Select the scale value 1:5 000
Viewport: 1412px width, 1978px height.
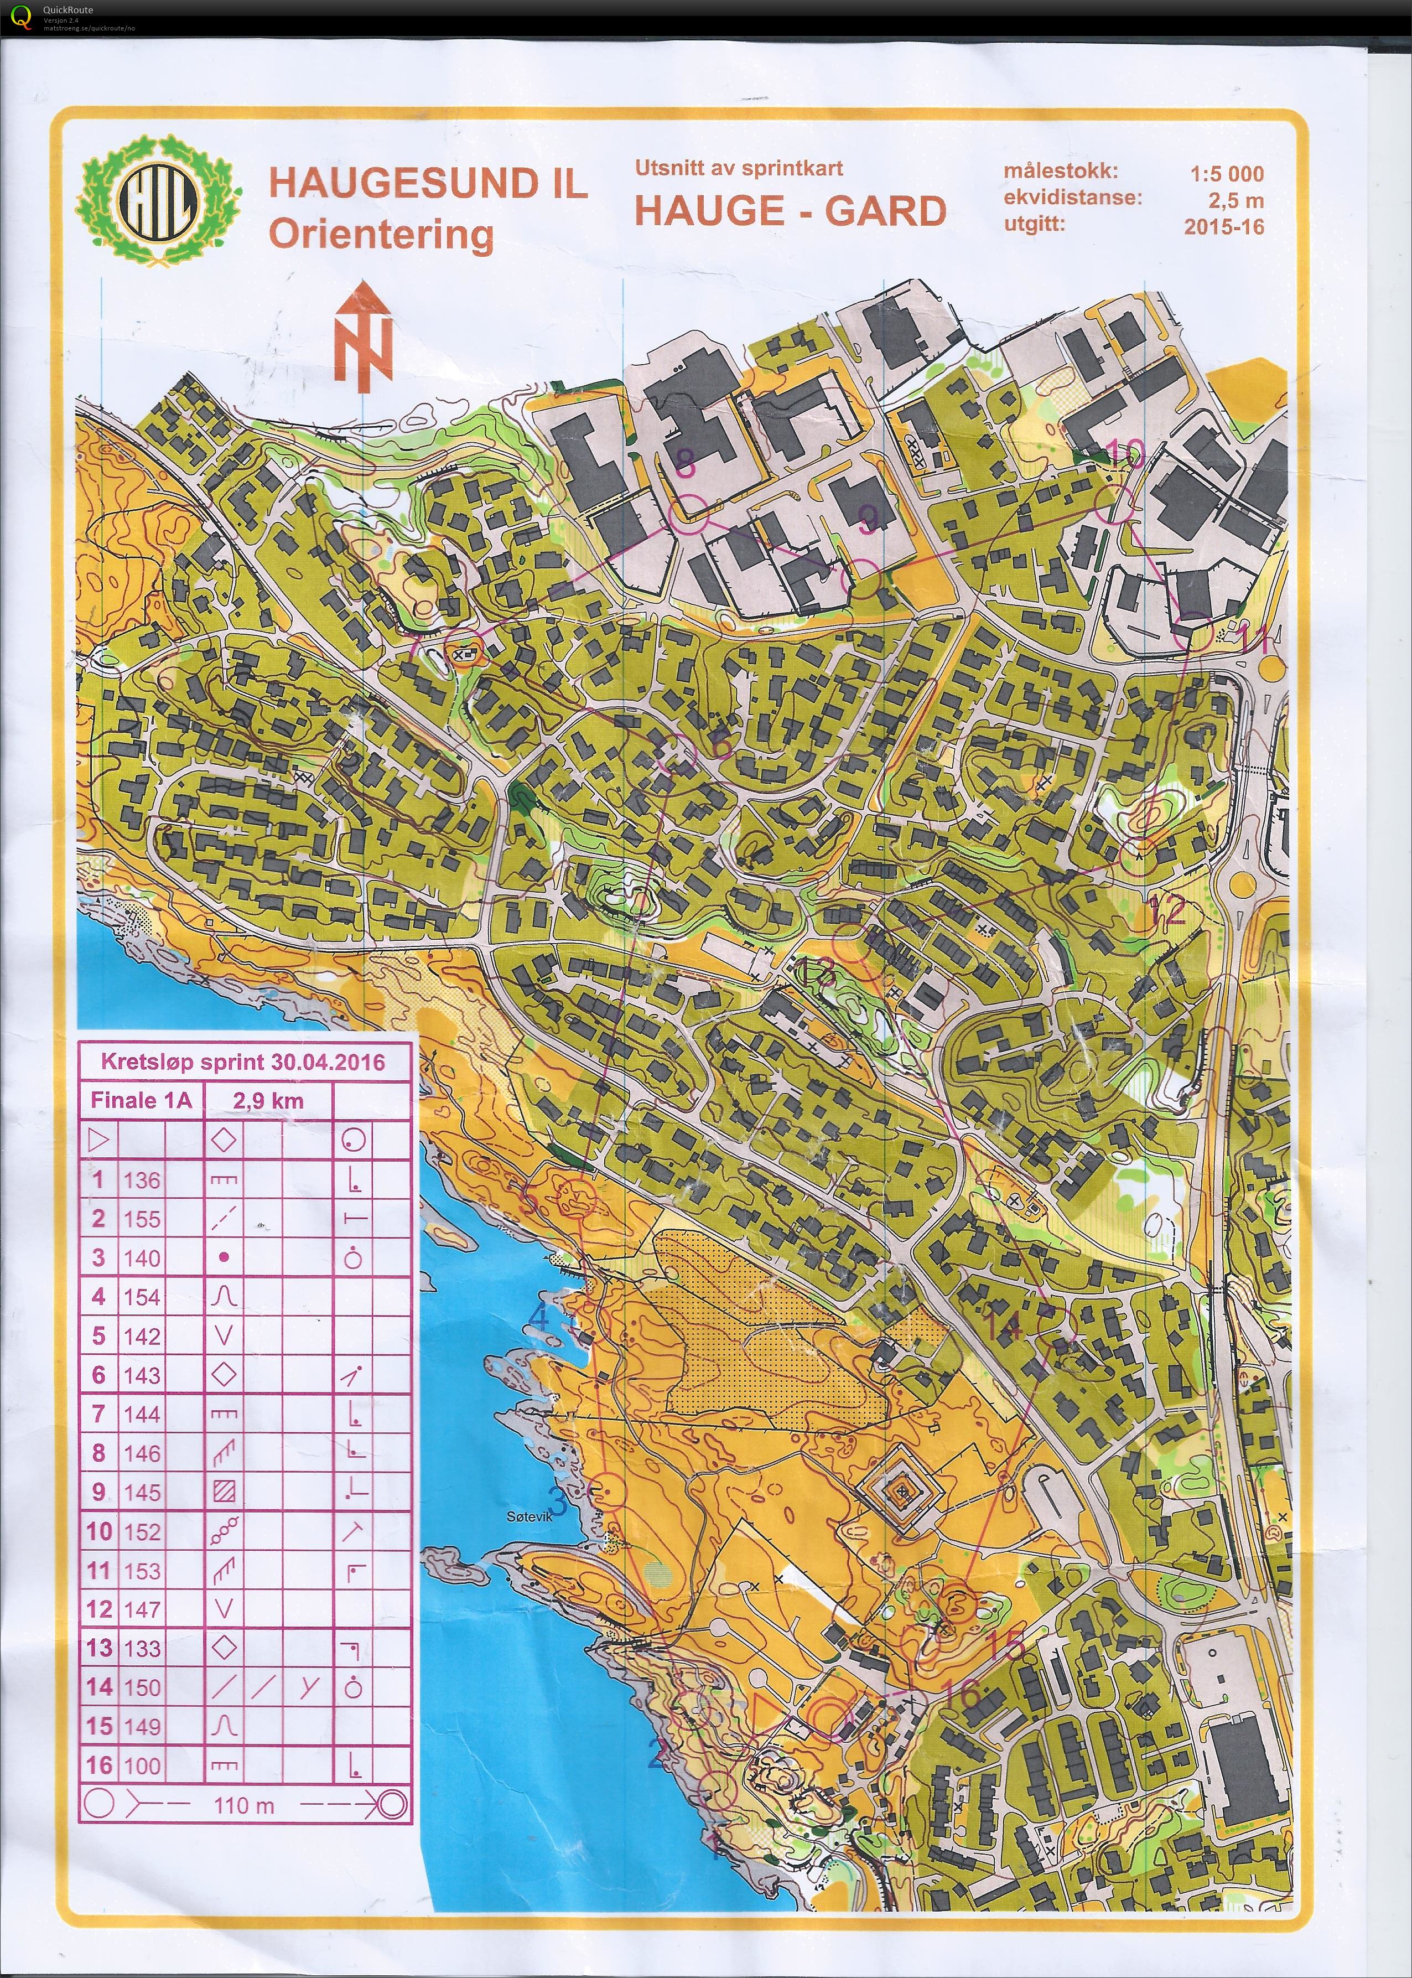pyautogui.click(x=1226, y=173)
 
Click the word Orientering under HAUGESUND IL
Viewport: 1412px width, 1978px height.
pyautogui.click(x=381, y=235)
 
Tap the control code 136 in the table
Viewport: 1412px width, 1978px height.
pyautogui.click(x=142, y=1180)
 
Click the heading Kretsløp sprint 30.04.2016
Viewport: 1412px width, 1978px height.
pyautogui.click(x=242, y=1062)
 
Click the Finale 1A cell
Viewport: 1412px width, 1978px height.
pyautogui.click(x=141, y=1101)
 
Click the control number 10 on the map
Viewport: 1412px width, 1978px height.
pyautogui.click(x=1127, y=453)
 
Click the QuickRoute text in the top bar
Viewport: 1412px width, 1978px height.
pyautogui.click(x=68, y=9)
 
